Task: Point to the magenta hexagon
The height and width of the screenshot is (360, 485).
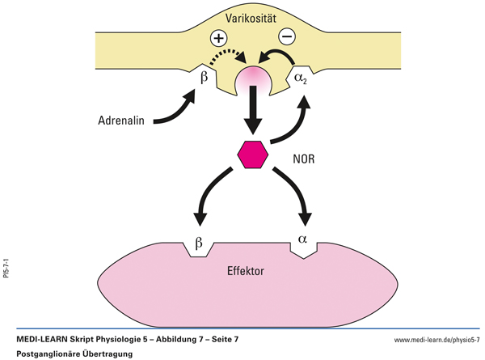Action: pyautogui.click(x=253, y=153)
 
